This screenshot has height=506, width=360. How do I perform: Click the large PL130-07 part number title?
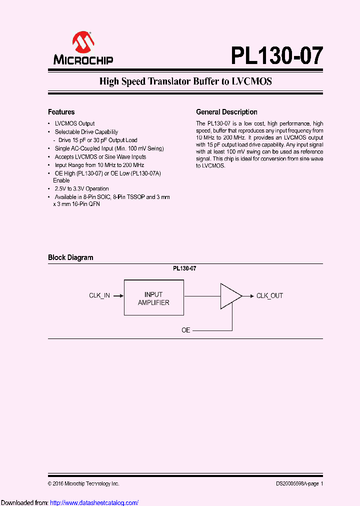tap(276, 55)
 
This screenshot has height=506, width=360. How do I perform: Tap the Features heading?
tap(61, 112)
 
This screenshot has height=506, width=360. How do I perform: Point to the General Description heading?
tap(226, 112)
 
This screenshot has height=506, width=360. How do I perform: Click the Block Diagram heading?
tap(70, 257)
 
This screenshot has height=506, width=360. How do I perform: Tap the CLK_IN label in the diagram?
tap(99, 295)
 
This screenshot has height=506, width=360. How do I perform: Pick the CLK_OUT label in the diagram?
tap(269, 295)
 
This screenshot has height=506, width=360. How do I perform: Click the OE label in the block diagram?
tap(186, 330)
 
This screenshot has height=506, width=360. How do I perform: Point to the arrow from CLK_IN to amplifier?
tap(118, 295)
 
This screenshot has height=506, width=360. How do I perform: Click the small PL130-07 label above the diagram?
tap(184, 268)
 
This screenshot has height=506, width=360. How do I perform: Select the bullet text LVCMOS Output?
tap(74, 123)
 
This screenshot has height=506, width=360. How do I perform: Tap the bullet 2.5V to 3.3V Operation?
tap(81, 188)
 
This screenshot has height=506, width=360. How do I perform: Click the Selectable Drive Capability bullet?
tap(86, 132)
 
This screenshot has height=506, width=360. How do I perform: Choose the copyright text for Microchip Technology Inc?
tap(83, 483)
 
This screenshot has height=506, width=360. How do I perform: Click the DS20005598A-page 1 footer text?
tap(299, 483)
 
